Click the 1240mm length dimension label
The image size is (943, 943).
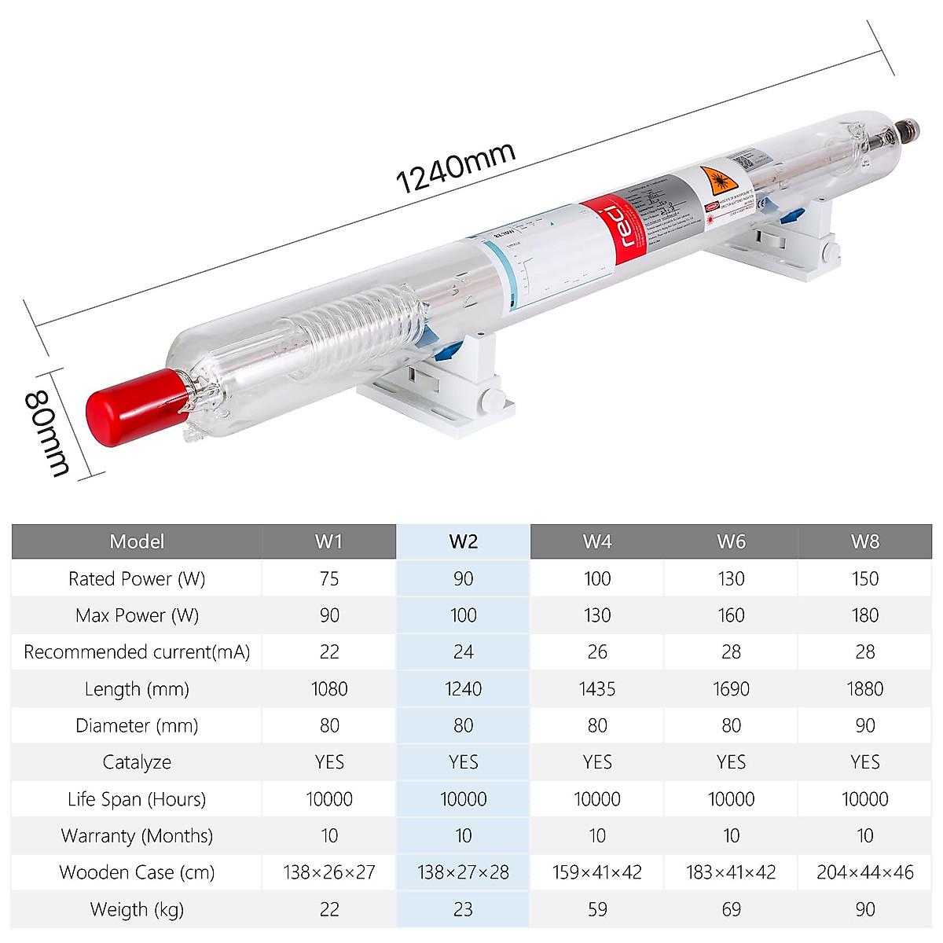(455, 167)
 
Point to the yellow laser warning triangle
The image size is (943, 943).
(717, 183)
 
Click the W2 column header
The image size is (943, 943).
(463, 541)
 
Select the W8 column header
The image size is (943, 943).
(864, 541)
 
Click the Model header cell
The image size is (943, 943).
(137, 541)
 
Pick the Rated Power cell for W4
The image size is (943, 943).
(597, 579)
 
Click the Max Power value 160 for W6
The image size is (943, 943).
(731, 615)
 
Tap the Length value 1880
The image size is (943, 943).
(864, 689)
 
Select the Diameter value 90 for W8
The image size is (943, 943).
(864, 725)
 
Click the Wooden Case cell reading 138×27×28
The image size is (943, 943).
(463, 872)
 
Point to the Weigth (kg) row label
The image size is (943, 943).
(137, 909)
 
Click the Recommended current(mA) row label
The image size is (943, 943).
(137, 652)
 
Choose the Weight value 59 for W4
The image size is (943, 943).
(597, 909)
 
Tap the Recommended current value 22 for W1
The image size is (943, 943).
(329, 652)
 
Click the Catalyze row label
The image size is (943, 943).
(137, 762)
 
